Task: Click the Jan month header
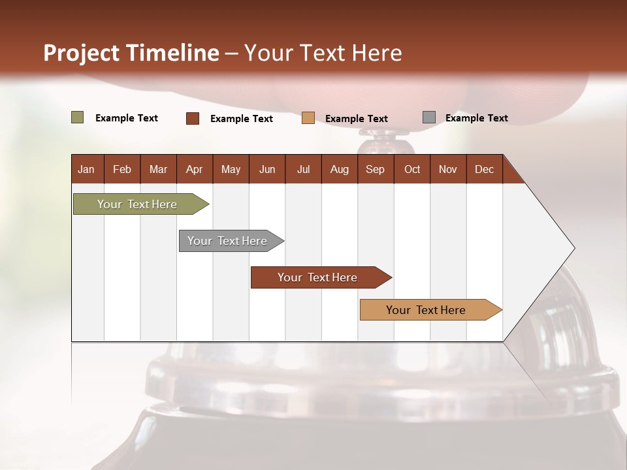[x=86, y=169]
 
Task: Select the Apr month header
[x=194, y=169]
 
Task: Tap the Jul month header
[x=303, y=169]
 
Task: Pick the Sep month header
[x=375, y=169]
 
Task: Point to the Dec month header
[x=484, y=169]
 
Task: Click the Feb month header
[x=122, y=169]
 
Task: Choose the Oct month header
[x=412, y=169]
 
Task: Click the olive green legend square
[x=77, y=117]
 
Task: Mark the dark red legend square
[x=192, y=118]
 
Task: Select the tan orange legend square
[x=308, y=118]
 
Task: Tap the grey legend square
[x=428, y=117]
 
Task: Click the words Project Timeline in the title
[x=131, y=53]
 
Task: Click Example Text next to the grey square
[x=476, y=118]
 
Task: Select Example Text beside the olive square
[x=126, y=118]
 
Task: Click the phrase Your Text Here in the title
[x=323, y=53]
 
